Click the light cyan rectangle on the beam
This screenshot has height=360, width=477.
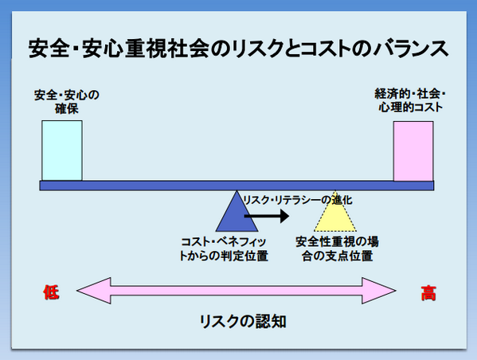(62, 151)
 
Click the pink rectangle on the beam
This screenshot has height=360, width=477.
(413, 151)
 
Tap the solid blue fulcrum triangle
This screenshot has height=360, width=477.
(237, 211)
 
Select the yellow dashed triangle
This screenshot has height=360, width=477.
(335, 211)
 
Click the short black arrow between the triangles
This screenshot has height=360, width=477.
(267, 216)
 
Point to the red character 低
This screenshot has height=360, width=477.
(51, 292)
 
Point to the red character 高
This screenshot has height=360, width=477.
(428, 293)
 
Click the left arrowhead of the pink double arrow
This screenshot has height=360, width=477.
(94, 291)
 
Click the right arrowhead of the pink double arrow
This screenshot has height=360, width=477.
(379, 291)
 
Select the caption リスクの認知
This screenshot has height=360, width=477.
(243, 321)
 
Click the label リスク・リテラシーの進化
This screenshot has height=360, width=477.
(298, 200)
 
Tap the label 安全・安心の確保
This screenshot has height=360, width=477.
(67, 102)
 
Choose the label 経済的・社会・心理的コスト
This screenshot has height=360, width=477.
(410, 100)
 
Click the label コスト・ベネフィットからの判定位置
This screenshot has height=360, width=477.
(224, 249)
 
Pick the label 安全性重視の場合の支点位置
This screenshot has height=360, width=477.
(337, 249)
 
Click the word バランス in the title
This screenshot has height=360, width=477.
(411, 49)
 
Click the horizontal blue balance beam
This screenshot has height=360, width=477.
(237, 186)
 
